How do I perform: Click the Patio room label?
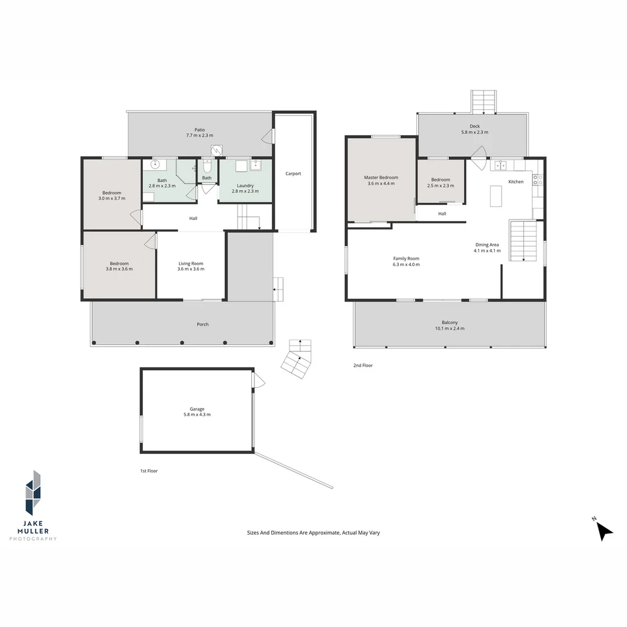tap(200, 130)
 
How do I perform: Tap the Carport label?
tap(293, 174)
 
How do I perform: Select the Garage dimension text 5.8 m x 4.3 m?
tap(197, 415)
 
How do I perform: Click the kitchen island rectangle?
tap(495, 196)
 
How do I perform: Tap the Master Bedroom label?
tap(381, 178)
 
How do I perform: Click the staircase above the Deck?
tap(484, 102)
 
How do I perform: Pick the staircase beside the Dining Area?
tap(523, 240)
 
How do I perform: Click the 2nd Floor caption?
tap(363, 366)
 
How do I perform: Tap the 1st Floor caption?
tap(148, 471)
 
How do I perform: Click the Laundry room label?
tap(245, 186)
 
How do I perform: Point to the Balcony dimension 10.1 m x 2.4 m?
tap(450, 329)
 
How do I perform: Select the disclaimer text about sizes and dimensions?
tap(313, 532)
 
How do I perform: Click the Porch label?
tap(203, 325)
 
